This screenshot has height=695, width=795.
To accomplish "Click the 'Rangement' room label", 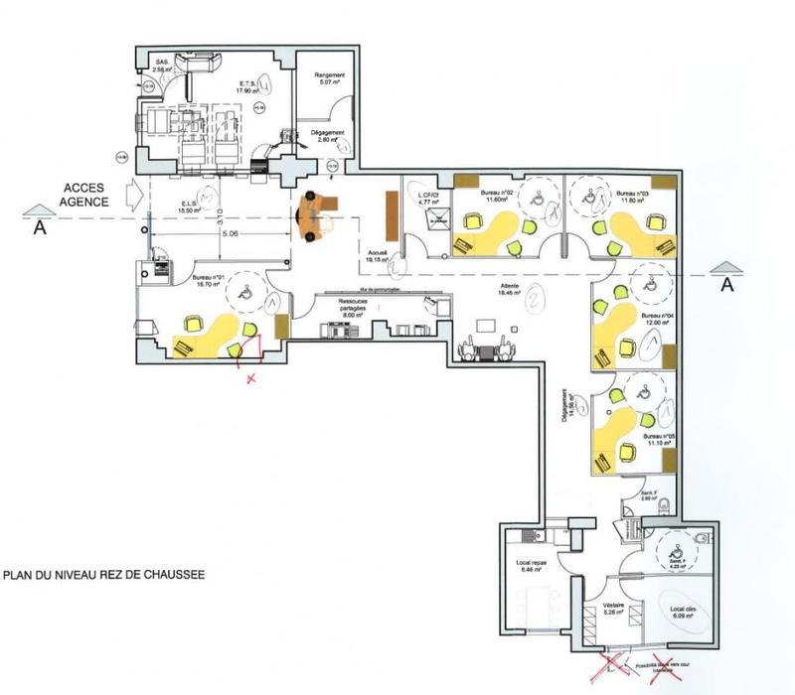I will point(329,75).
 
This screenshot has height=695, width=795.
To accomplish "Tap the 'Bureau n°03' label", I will point(632,194).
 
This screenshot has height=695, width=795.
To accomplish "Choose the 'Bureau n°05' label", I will point(659,436).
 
